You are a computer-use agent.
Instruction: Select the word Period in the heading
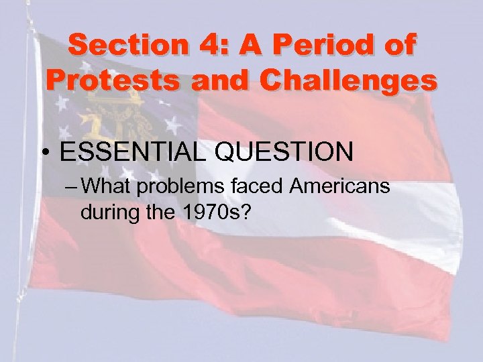pyautogui.click(x=319, y=46)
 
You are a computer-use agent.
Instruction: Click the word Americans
pyautogui.click(x=340, y=186)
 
